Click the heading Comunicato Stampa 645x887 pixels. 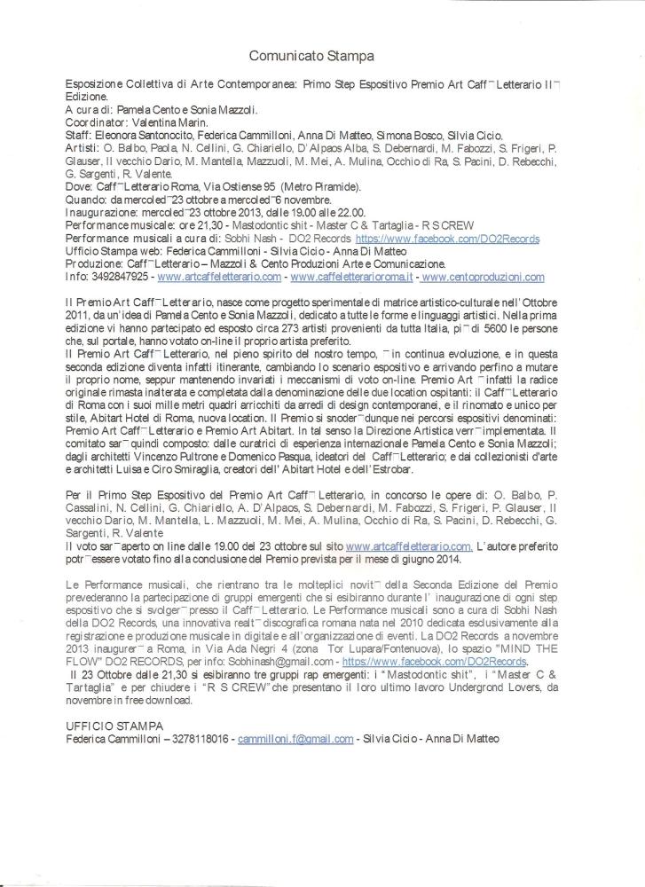311,56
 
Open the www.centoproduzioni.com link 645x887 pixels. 483,277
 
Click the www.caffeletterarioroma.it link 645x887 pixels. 353,277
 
